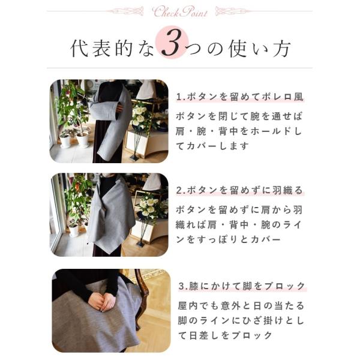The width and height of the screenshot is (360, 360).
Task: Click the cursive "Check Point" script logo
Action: pyautogui.click(x=180, y=12)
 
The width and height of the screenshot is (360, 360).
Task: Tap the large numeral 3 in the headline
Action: pyautogui.click(x=173, y=43)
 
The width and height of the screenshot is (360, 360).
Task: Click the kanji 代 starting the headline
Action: pyautogui.click(x=79, y=49)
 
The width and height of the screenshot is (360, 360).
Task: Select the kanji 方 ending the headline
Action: pyautogui.click(x=282, y=49)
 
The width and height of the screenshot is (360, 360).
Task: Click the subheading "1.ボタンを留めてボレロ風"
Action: pyautogui.click(x=240, y=97)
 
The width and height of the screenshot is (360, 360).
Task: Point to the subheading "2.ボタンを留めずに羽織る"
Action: pyautogui.click(x=240, y=190)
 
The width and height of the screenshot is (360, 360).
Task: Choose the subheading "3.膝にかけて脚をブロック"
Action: pyautogui.click(x=242, y=286)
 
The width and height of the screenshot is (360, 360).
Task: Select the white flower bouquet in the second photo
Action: pyautogui.click(x=148, y=208)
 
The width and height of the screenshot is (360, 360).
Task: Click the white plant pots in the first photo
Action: pyautogui.click(x=74, y=139)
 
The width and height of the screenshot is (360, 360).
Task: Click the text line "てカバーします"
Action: pyautogui.click(x=212, y=146)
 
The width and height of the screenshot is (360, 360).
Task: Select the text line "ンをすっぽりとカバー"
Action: pyautogui.click(x=229, y=239)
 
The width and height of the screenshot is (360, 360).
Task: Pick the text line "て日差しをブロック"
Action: pyautogui.click(x=225, y=335)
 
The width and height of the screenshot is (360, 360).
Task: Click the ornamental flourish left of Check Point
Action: pyautogui.click(x=126, y=11)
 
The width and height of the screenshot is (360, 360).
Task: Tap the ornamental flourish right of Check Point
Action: pyautogui.click(x=233, y=11)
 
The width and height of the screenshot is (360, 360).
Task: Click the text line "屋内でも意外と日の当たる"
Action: pyautogui.click(x=241, y=306)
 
